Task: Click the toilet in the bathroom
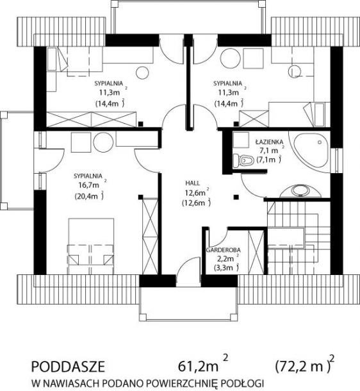243,160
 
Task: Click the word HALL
193,183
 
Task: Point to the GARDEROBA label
223,250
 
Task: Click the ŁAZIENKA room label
269,142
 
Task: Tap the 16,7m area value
88,185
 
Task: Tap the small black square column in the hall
236,197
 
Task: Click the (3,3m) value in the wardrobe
225,268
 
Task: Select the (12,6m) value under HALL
195,203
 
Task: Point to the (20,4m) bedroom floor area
88,196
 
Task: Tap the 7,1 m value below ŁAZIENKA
269,151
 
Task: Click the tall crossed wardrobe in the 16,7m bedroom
150,236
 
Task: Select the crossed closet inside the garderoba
256,252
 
